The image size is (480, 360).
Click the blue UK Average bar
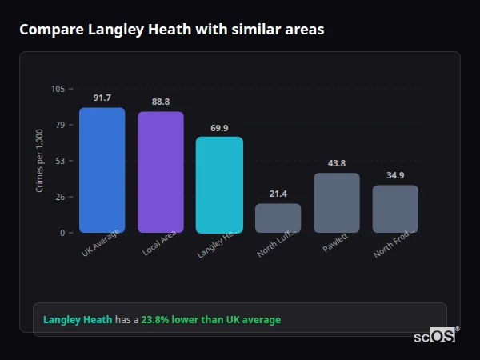pyautogui.click(x=102, y=170)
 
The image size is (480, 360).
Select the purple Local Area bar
pyautogui.click(x=161, y=172)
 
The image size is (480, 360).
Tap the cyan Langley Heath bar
pyautogui.click(x=219, y=185)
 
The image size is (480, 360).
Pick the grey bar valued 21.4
pyautogui.click(x=278, y=218)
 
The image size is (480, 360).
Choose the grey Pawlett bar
pyautogui.click(x=337, y=202)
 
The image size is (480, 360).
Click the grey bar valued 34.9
pyautogui.click(x=395, y=209)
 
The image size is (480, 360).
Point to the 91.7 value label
pyautogui.click(x=102, y=98)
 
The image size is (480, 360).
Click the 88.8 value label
pyautogui.click(x=161, y=102)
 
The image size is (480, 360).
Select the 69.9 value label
pyautogui.click(x=219, y=128)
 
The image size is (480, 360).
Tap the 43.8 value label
pyautogui.click(x=337, y=163)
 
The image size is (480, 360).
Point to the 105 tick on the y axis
pyautogui.click(x=58, y=89)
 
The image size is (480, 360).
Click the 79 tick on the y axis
pyautogui.click(x=61, y=125)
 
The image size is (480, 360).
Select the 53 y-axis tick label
pyautogui.click(x=61, y=161)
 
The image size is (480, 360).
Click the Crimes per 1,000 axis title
pyautogui.click(x=40, y=161)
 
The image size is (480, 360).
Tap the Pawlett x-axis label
pyautogui.click(x=335, y=244)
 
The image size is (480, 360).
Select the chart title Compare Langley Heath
pyautogui.click(x=172, y=30)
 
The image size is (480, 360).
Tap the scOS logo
pyautogui.click(x=434, y=336)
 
